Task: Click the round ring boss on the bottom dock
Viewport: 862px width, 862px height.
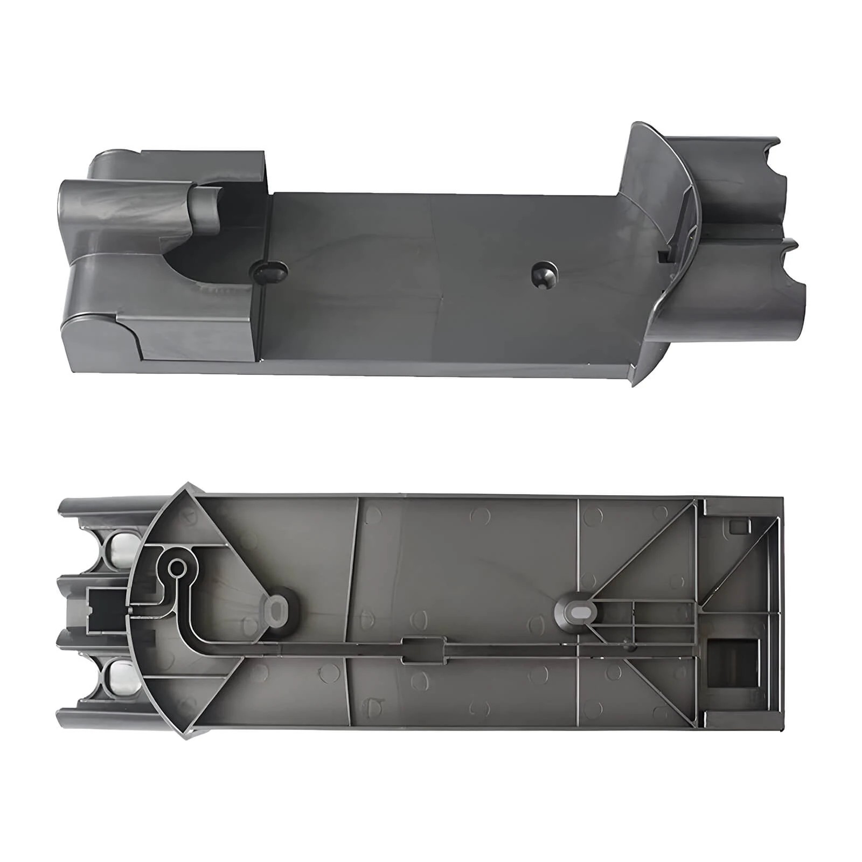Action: [176, 568]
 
